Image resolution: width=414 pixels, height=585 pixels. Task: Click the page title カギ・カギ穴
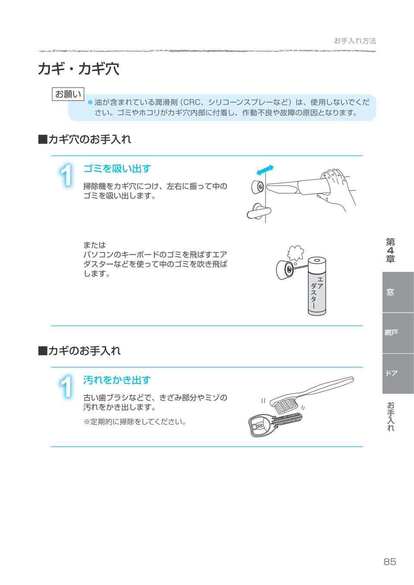(x=78, y=69)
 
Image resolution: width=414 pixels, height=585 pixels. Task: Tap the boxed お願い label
(x=68, y=94)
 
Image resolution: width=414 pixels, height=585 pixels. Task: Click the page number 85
(x=389, y=561)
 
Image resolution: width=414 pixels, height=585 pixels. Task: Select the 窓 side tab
(x=390, y=292)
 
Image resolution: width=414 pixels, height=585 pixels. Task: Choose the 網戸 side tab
(x=391, y=333)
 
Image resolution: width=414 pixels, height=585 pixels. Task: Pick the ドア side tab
(x=391, y=373)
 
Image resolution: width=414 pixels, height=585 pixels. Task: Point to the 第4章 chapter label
(x=390, y=250)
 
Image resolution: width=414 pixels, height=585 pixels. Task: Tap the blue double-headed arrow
(x=264, y=170)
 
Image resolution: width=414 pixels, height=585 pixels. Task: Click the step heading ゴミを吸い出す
(x=117, y=168)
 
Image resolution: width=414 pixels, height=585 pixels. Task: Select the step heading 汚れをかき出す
(x=117, y=380)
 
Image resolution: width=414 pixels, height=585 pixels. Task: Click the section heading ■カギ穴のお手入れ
(x=85, y=139)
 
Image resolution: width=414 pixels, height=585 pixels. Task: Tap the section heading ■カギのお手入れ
(x=79, y=351)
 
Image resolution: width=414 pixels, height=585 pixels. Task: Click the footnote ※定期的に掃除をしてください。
(x=135, y=422)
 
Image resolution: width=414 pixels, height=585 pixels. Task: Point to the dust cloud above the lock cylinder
(x=295, y=253)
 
